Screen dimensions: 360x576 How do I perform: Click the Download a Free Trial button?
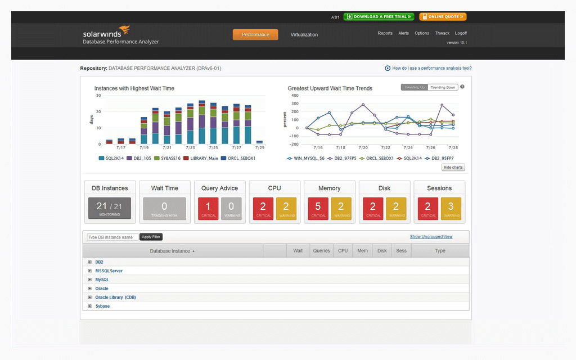[x=379, y=17]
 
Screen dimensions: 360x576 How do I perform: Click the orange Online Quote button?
[x=443, y=17]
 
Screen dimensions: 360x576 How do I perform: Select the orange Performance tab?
[x=255, y=35]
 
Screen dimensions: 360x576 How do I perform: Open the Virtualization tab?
[x=304, y=35]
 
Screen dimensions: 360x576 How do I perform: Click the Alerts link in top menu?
[x=403, y=33]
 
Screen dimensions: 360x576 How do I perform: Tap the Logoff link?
[x=461, y=33]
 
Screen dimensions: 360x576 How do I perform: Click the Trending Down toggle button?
[x=443, y=87]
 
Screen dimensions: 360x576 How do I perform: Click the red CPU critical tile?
[x=263, y=208]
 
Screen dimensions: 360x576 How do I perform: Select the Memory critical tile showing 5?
[x=318, y=208]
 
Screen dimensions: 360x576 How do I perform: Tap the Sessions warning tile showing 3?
[x=451, y=208]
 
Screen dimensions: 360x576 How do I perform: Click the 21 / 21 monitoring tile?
[x=110, y=208]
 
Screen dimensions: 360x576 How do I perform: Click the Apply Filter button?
[x=151, y=237]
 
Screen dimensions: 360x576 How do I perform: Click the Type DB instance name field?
[x=112, y=237]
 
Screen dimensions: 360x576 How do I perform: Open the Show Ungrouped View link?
[x=431, y=237]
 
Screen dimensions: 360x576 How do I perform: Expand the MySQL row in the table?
[x=89, y=280]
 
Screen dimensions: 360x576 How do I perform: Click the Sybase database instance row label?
[x=102, y=306]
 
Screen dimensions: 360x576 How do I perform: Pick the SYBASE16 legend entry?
[x=168, y=158]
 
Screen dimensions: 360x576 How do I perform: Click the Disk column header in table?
[x=382, y=251]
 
